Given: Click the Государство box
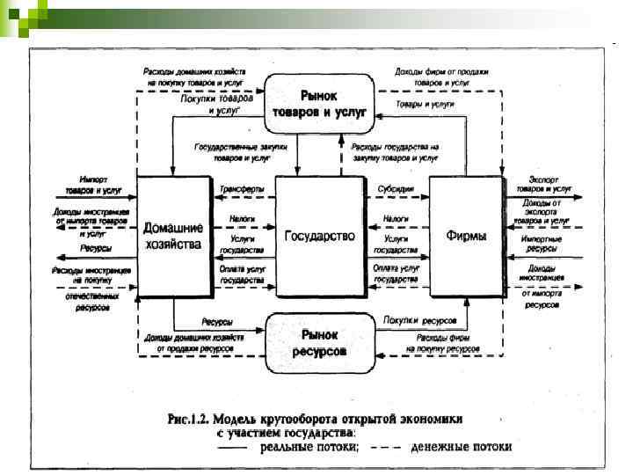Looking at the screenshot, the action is coord(319,236).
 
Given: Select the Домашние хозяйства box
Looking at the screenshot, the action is coord(174,236).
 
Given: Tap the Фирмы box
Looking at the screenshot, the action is coord(465,237).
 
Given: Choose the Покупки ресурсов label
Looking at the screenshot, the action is coord(414,320).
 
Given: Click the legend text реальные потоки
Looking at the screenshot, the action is coord(309,447).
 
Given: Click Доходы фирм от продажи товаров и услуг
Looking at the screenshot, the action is coord(440,77).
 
